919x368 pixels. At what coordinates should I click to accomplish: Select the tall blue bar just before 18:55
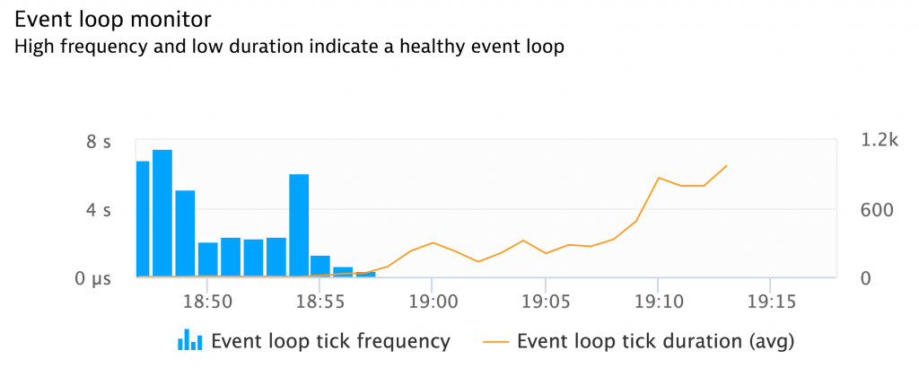pyautogui.click(x=299, y=225)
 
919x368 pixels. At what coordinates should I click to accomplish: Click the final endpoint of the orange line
pyautogui.click(x=726, y=166)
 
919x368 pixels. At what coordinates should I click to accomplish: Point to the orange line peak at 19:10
pyautogui.click(x=659, y=178)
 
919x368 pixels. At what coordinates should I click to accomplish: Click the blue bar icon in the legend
pyautogui.click(x=188, y=339)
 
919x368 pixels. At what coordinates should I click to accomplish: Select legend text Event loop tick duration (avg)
pyautogui.click(x=656, y=341)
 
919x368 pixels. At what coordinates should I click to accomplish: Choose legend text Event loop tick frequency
pyautogui.click(x=330, y=341)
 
